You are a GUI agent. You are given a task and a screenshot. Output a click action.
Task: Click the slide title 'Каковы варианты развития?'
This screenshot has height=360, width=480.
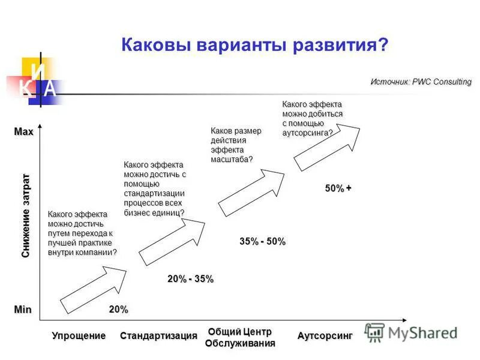click(x=254, y=45)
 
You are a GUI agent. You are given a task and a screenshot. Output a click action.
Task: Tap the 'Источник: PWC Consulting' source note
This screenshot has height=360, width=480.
click(x=421, y=82)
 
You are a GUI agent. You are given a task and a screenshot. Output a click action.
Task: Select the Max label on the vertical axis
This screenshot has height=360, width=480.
click(x=24, y=132)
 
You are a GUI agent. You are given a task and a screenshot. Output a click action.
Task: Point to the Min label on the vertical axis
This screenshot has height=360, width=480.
click(x=23, y=309)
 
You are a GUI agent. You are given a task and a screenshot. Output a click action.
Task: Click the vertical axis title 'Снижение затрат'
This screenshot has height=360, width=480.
click(x=25, y=216)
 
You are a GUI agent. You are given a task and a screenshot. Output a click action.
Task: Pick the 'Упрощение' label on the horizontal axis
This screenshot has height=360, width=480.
click(x=79, y=335)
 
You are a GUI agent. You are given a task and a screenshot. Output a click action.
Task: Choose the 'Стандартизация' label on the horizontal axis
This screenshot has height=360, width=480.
click(x=158, y=335)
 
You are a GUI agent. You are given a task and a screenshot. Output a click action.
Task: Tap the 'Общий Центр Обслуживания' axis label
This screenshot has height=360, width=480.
click(x=240, y=338)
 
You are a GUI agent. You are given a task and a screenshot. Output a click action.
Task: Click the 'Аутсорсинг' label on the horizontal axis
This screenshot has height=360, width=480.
click(x=325, y=335)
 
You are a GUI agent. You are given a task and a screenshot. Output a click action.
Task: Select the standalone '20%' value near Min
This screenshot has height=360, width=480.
click(x=118, y=309)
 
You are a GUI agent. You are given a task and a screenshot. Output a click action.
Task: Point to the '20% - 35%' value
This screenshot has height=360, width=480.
click(x=190, y=279)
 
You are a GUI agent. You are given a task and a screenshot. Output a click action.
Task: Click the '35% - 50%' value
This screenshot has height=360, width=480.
click(x=262, y=241)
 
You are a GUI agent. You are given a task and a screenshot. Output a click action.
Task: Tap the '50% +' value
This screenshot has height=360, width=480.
click(x=338, y=188)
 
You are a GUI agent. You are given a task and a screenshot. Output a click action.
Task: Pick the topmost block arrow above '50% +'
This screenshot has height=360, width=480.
click(x=327, y=146)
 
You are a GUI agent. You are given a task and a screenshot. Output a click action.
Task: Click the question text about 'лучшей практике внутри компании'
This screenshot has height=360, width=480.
click(x=82, y=233)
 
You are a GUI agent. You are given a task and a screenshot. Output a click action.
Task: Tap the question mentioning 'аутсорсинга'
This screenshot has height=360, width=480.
click(x=312, y=119)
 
